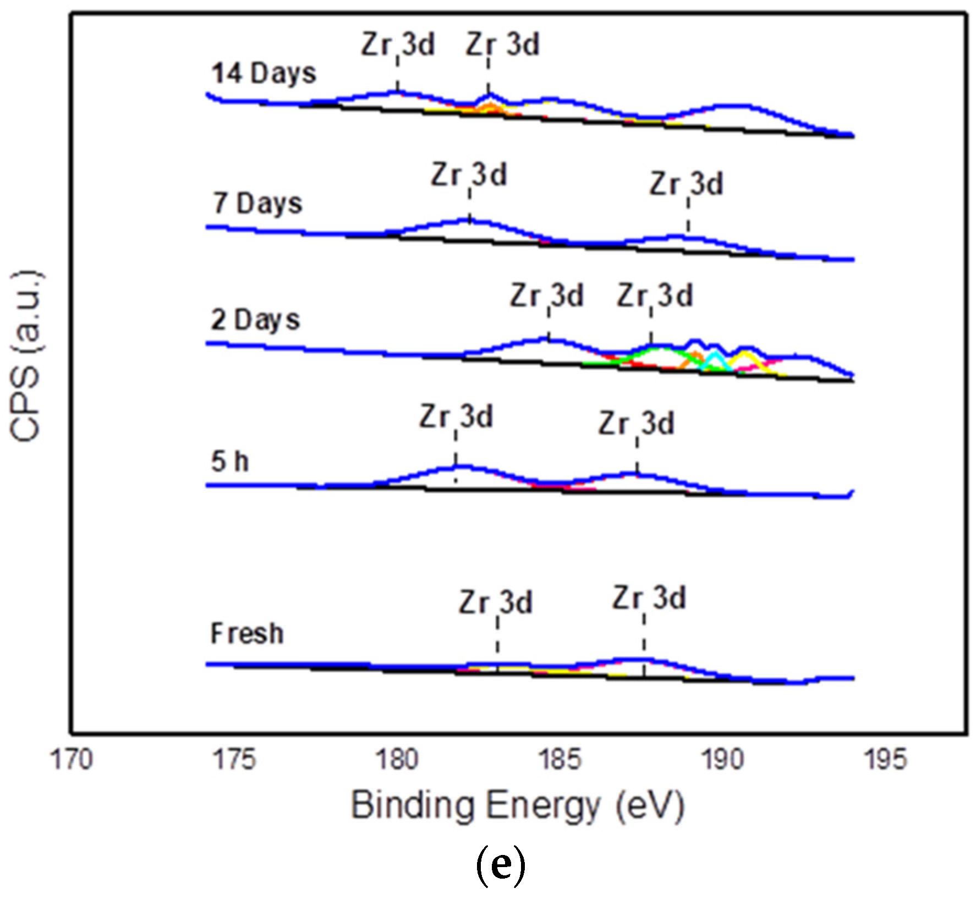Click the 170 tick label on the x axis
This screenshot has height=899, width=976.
coord(72,760)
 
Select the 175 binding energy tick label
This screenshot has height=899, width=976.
coord(234,760)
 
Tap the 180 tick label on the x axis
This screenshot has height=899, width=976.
coord(397,760)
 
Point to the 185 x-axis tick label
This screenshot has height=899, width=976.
coord(560,760)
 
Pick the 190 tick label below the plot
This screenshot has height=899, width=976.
coord(722,760)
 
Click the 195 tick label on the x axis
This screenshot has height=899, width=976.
coord(885,760)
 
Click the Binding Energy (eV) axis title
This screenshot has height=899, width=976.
coord(517,806)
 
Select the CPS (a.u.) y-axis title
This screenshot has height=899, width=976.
coord(26,356)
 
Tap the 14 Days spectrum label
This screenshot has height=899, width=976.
coord(264,73)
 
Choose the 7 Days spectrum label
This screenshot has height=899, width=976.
coord(257,204)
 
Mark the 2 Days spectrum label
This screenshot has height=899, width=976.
coord(255,320)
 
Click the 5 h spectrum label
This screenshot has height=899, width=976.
coord(229,461)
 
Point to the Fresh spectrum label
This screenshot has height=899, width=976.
coord(247,634)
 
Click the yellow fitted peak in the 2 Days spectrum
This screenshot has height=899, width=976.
coord(745,357)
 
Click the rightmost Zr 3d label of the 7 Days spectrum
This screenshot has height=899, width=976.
coord(686,184)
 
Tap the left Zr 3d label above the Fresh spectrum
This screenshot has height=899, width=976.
coord(496,602)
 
